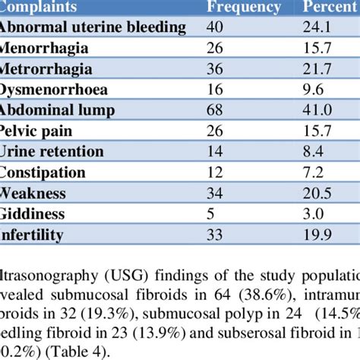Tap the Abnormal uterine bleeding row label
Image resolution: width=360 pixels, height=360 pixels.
pos(93,28)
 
